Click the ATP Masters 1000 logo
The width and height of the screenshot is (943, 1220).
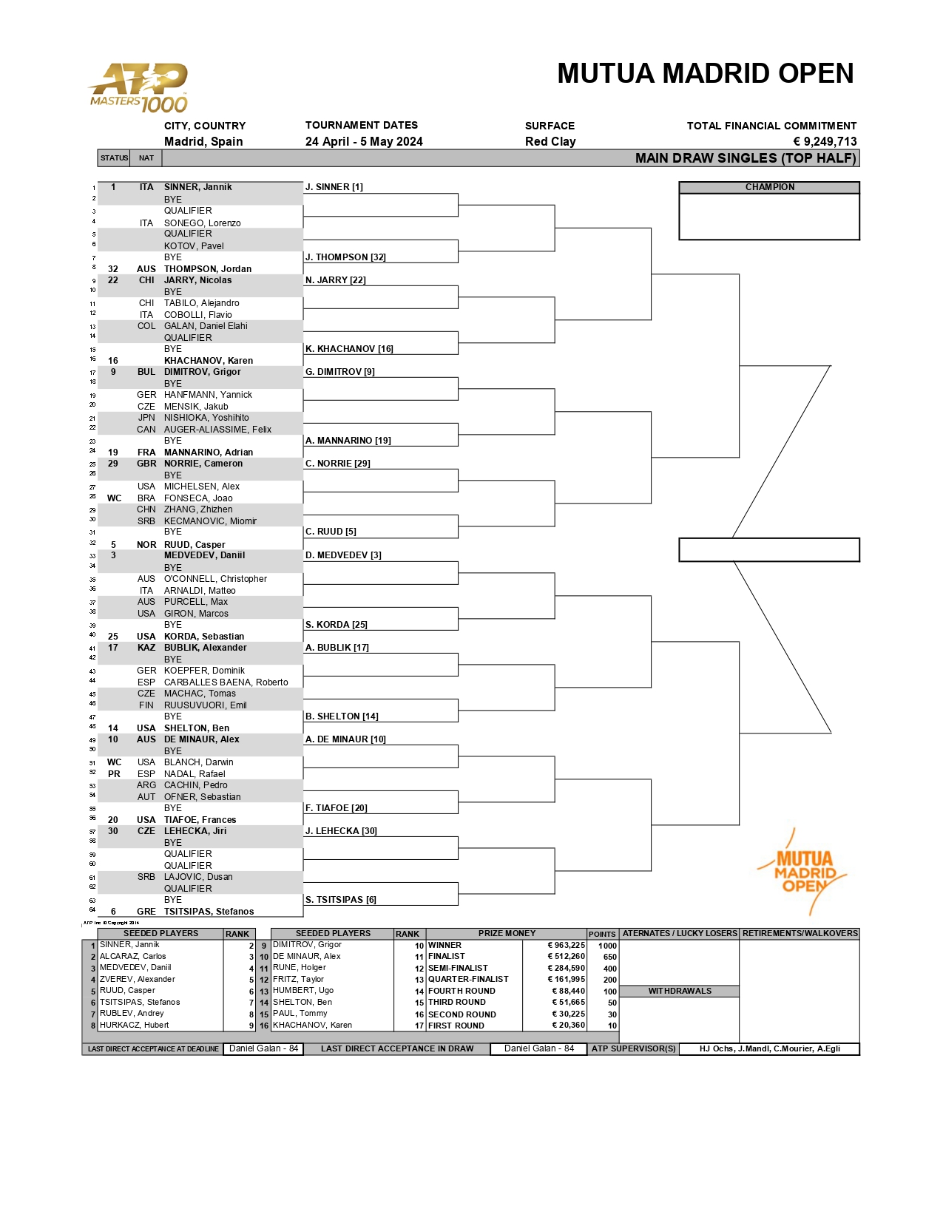point(139,87)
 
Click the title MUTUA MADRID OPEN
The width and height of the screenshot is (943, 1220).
point(705,74)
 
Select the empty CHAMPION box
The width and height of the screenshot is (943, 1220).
point(769,217)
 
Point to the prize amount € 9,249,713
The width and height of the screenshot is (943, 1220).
point(825,142)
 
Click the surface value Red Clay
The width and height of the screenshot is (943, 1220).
point(550,142)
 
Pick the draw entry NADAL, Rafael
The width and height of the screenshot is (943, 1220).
point(195,774)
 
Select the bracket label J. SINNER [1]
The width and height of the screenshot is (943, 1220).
point(334,187)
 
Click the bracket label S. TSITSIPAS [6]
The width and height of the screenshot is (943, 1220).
point(341,900)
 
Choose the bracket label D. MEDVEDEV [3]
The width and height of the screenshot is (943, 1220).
point(343,555)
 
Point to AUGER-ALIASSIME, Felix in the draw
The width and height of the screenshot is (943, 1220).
point(217,430)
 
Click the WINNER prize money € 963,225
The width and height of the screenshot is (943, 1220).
point(566,946)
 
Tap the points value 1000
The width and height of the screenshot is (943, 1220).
point(607,946)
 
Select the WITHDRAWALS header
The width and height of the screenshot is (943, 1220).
point(680,992)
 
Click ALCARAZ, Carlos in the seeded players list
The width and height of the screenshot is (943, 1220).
point(132,957)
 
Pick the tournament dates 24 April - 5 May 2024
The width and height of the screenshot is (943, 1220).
point(364,142)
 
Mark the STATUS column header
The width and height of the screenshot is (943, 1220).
point(115,158)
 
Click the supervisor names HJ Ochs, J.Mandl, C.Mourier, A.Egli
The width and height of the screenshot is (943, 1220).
point(769,1049)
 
